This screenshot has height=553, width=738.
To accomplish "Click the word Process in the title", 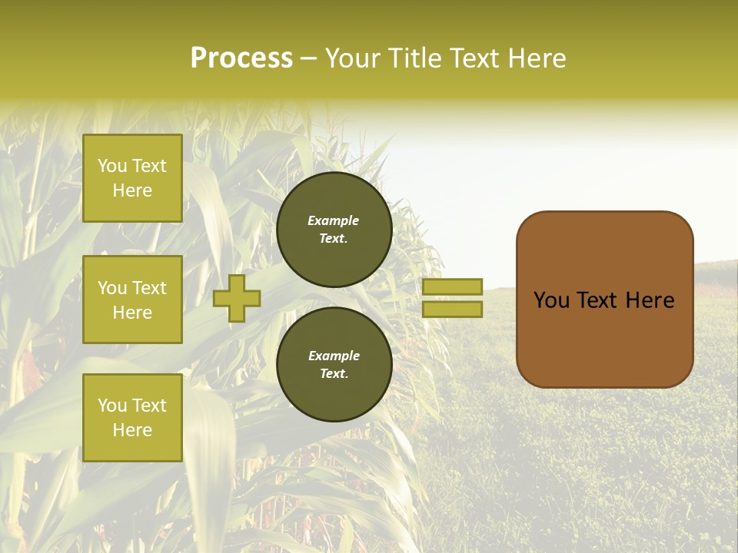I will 241,58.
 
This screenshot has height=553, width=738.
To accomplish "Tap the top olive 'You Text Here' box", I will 132,178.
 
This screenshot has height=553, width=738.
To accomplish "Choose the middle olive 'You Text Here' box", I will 132,300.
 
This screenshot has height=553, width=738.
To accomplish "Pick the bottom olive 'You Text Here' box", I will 132,417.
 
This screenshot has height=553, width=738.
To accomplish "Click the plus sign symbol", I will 237,298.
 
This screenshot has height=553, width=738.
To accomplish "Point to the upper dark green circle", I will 334,230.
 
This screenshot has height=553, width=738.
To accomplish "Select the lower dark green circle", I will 334,365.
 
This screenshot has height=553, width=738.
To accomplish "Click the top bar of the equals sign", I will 452,286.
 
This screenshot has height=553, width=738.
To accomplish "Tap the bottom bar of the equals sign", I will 452,309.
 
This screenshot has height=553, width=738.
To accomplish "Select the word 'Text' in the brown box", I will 598,300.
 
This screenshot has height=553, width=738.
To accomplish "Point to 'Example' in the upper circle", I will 334,220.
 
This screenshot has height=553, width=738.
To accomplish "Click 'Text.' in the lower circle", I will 334,374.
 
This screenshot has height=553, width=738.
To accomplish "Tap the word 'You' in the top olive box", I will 111,166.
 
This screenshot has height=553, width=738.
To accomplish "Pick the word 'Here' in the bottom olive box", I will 132,430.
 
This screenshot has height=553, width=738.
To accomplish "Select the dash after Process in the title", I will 308,59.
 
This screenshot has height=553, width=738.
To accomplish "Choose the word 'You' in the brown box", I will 551,300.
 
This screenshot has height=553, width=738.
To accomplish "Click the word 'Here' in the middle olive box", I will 132,313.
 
